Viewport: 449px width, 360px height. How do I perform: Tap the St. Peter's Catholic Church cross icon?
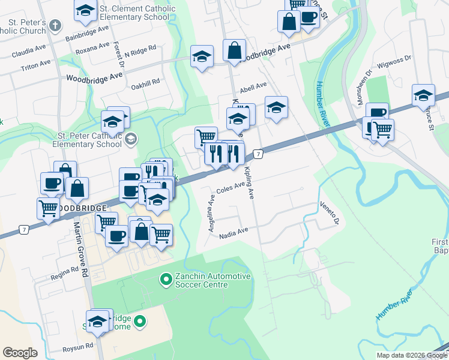(x=55, y=26)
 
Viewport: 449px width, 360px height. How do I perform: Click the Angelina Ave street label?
(x=211, y=213)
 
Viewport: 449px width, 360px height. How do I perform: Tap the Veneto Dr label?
(x=329, y=213)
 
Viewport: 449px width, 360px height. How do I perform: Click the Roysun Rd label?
(x=78, y=347)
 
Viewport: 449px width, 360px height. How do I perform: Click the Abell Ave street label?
(x=253, y=86)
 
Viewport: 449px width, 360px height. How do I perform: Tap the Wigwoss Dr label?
(x=394, y=59)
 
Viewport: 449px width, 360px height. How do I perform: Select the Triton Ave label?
(x=35, y=64)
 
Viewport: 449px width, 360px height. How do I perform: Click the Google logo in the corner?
(x=20, y=353)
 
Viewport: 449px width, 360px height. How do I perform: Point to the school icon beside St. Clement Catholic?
(x=85, y=10)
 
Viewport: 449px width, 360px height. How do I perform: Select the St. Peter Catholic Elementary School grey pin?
(x=130, y=140)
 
